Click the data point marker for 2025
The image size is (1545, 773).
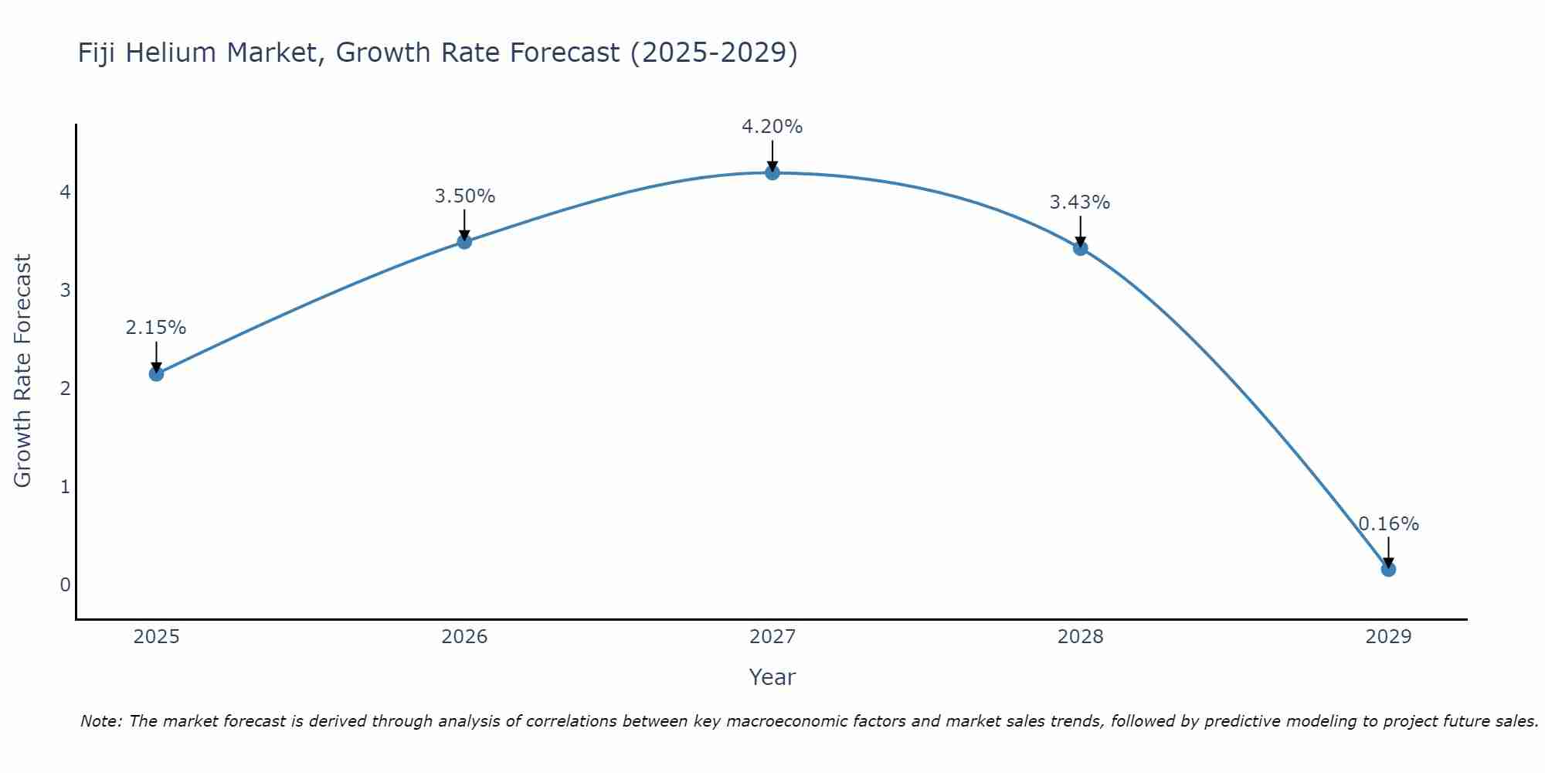click(x=156, y=374)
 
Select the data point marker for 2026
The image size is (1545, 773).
click(x=464, y=242)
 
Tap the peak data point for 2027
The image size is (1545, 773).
click(x=772, y=172)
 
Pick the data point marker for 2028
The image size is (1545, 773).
click(x=1080, y=248)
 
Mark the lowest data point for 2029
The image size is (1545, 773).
click(x=1388, y=570)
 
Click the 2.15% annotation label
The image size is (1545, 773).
click(x=156, y=328)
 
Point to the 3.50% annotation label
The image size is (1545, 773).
click(x=464, y=196)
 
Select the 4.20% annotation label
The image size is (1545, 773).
click(x=772, y=127)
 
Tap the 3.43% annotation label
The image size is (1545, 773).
click(x=1080, y=203)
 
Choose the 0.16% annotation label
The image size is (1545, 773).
click(x=1388, y=524)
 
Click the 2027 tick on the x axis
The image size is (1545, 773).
click(x=772, y=637)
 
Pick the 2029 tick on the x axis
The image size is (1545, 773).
click(x=1388, y=637)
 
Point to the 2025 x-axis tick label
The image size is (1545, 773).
click(x=156, y=637)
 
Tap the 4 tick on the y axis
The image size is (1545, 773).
click(x=65, y=192)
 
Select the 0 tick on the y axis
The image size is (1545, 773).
click(x=65, y=585)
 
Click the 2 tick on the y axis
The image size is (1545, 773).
click(x=65, y=388)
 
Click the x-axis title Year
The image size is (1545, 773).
click(x=772, y=677)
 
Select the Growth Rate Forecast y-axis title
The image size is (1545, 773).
click(x=23, y=371)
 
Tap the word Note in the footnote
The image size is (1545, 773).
click(x=100, y=721)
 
